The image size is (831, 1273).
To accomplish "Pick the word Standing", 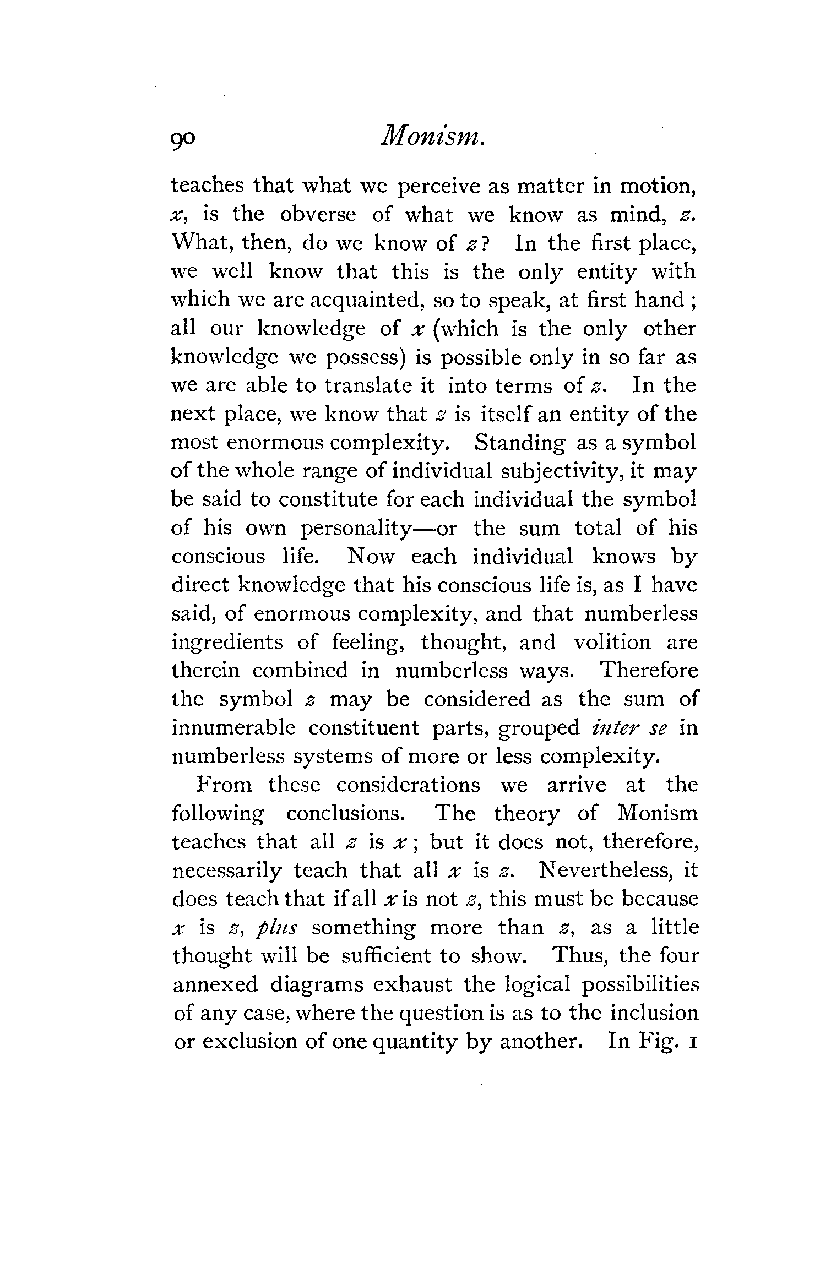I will click(x=519, y=443).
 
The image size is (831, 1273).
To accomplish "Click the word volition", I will click(x=612, y=643).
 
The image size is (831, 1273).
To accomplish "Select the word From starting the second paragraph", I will click(x=224, y=785).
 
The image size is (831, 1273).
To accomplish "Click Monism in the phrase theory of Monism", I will click(x=658, y=814).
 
